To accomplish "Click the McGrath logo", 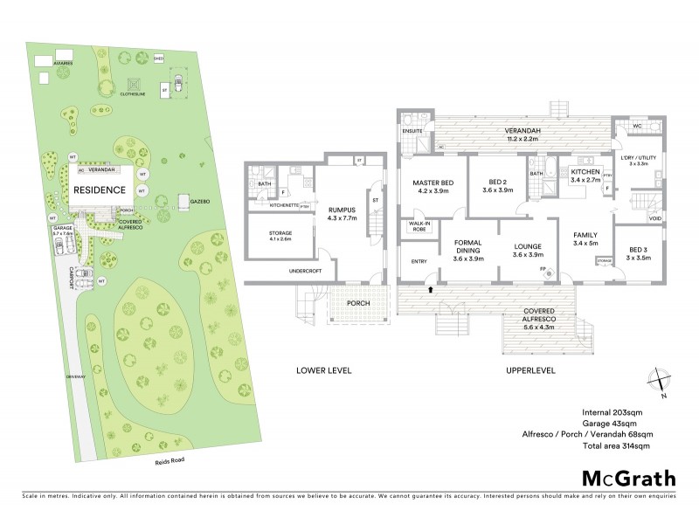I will coord(628,478).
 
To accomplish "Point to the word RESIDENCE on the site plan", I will coord(100,189).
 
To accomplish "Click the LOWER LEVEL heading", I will coord(322,370).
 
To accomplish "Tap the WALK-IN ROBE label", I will coord(418,227).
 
